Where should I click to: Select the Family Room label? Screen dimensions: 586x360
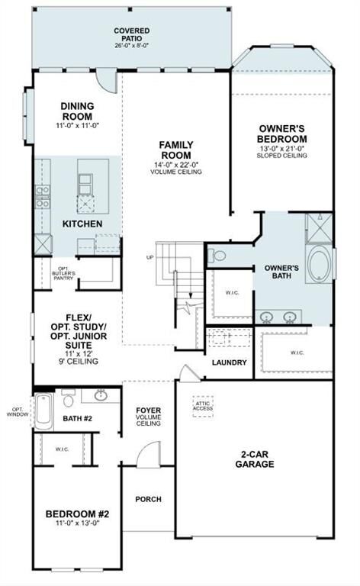pyautogui.click(x=175, y=149)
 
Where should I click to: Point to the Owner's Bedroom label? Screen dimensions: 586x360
pyautogui.click(x=282, y=134)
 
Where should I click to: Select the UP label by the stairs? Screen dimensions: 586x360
pyautogui.click(x=150, y=257)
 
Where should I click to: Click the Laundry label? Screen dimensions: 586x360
pyautogui.click(x=230, y=362)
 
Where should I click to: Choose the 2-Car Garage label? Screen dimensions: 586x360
pyautogui.click(x=255, y=459)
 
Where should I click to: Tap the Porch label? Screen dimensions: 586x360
pyautogui.click(x=148, y=500)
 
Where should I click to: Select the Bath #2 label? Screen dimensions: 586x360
pyautogui.click(x=77, y=418)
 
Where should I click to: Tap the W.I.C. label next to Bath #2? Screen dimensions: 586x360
pyautogui.click(x=63, y=449)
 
